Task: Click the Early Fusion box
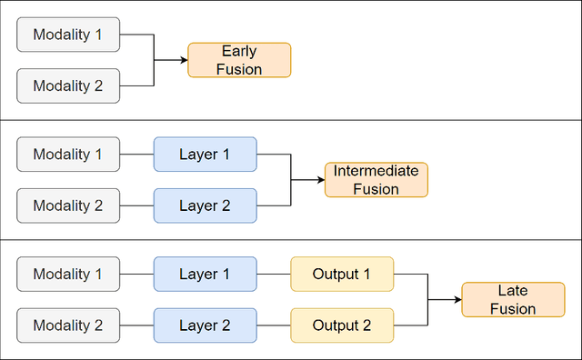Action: tap(239, 60)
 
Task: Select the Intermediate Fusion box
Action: tap(376, 180)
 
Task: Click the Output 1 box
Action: tap(342, 274)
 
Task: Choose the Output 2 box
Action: tap(342, 325)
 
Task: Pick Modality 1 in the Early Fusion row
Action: tap(68, 35)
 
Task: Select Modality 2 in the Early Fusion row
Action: tap(68, 85)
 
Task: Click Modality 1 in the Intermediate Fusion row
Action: tap(68, 155)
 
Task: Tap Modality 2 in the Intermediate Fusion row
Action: tap(68, 205)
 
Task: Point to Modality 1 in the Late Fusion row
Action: tap(68, 274)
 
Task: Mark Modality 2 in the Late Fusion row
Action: tap(68, 325)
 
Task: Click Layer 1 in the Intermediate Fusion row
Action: tap(205, 155)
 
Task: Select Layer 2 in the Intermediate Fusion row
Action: tap(205, 205)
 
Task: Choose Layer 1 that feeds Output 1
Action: tap(205, 274)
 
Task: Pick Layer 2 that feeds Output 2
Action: tap(205, 325)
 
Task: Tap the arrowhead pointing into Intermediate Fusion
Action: tap(320, 180)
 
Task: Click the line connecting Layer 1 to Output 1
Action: tap(274, 274)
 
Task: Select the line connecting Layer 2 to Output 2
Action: tap(274, 325)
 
